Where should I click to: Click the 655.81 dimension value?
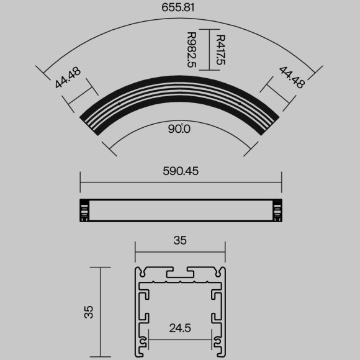click(180, 9)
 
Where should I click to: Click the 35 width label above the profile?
click(180, 240)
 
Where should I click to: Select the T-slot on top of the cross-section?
click(180, 274)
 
